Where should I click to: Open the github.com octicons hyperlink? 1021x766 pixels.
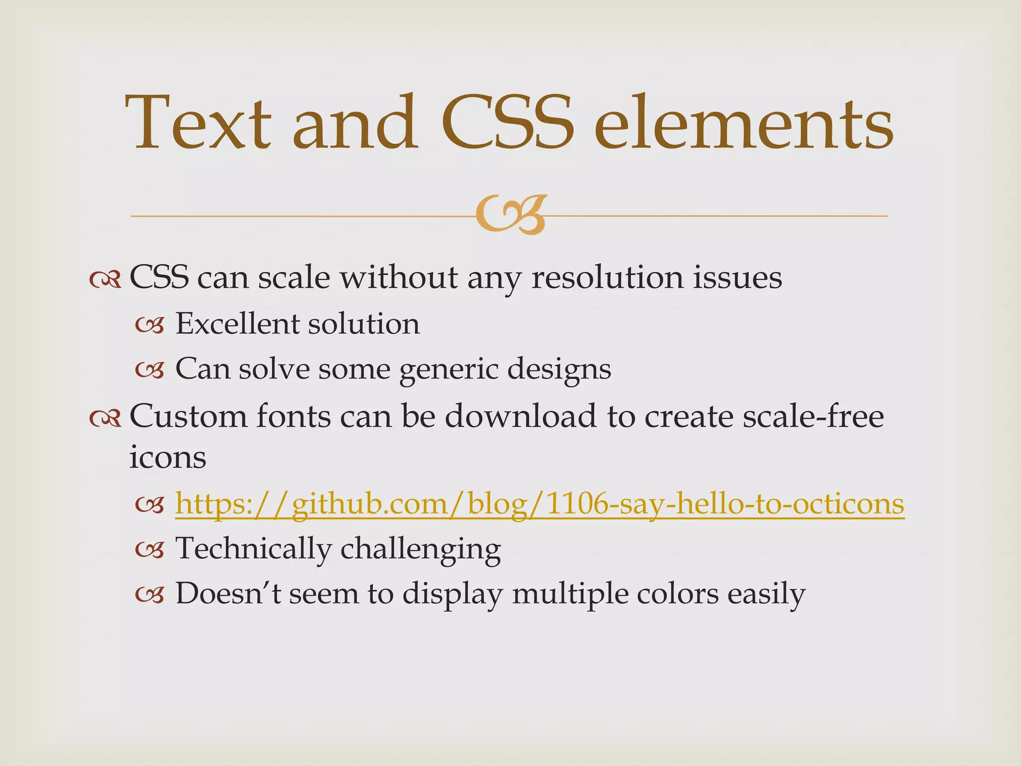539,504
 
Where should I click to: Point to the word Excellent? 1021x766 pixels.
237,324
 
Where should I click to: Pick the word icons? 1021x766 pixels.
168,457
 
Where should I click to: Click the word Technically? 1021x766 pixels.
253,549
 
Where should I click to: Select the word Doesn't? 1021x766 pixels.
228,594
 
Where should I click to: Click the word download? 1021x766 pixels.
520,416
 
